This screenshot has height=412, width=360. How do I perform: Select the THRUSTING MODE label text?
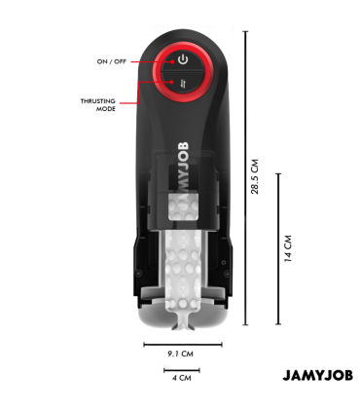(97, 104)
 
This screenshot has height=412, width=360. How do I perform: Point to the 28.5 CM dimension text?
(256, 175)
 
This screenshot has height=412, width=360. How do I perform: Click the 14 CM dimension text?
(288, 249)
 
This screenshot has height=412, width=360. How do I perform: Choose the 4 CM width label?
(181, 377)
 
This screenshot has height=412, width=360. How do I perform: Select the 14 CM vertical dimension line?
(278, 248)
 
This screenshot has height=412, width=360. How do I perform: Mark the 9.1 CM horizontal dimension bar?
(181, 344)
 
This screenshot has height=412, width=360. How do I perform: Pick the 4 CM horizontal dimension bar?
(181, 369)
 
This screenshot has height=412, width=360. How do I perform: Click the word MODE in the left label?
(106, 109)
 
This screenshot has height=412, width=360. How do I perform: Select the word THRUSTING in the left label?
(97, 100)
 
